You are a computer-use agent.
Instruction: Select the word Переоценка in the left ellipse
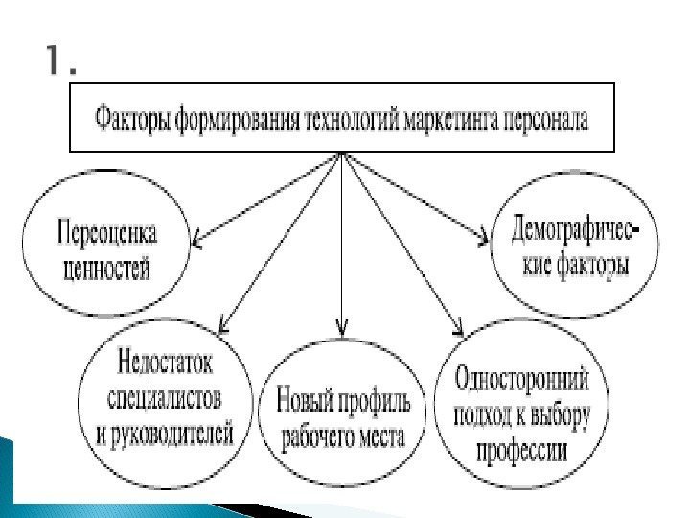click(107, 233)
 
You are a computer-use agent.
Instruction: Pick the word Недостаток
click(166, 364)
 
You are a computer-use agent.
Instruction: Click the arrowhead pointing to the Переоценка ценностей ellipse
click(197, 240)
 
